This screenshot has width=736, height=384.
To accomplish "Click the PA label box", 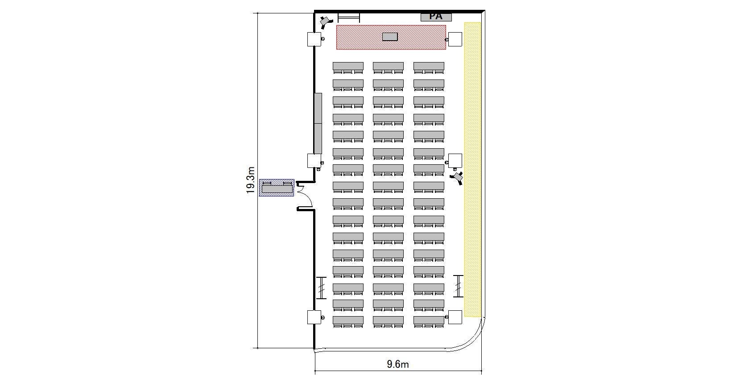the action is [x=436, y=17].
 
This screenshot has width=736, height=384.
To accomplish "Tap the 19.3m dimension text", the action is [x=250, y=180].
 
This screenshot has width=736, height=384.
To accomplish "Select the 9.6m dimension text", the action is [x=397, y=364].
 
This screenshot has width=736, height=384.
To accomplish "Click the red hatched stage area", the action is [x=391, y=37].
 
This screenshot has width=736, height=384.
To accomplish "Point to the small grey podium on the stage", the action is [x=390, y=37].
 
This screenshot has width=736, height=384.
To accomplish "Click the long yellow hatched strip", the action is [x=472, y=170].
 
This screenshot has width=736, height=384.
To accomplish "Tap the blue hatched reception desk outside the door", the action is [x=276, y=188].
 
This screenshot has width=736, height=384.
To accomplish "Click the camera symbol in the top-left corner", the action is [x=326, y=22].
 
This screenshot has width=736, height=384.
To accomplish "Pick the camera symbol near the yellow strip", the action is [x=457, y=178].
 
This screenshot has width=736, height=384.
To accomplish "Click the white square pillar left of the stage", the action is [x=314, y=39].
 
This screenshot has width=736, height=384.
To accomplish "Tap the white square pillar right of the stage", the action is [x=455, y=39].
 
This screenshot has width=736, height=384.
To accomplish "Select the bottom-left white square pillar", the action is [x=314, y=317].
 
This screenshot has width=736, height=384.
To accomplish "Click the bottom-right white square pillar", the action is [x=455, y=317].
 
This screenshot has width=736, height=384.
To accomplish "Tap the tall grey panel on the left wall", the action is [x=318, y=123].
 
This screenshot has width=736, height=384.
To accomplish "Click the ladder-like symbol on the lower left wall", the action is [x=322, y=288].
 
